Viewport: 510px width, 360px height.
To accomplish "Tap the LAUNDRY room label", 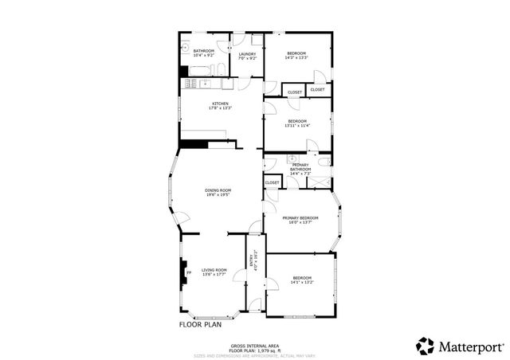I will (247, 57).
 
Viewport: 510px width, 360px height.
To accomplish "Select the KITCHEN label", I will (220, 106).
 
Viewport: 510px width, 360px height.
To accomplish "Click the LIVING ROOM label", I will (214, 272).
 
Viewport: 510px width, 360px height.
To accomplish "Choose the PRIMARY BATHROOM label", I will (300, 169).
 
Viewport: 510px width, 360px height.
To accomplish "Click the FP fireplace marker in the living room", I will (189, 274).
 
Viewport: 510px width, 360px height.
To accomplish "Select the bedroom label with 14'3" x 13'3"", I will (296, 56).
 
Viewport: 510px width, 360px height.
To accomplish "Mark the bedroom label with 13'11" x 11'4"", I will (296, 123).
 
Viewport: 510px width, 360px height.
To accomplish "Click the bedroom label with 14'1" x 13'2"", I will (302, 280).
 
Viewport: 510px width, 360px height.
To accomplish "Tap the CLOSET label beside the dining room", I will (273, 182).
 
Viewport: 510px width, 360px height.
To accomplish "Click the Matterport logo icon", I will (426, 346).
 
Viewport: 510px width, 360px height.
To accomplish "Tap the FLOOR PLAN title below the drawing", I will (200, 324).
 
